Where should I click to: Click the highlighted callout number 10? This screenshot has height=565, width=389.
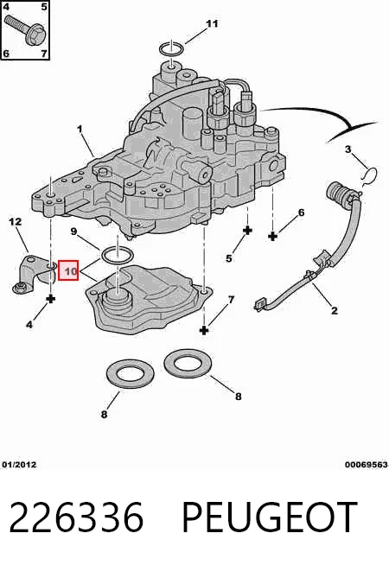click(68, 270)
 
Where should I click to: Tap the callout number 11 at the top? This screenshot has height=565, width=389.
click(212, 24)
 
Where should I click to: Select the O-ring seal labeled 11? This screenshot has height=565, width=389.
click(172, 48)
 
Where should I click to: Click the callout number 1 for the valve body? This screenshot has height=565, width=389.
click(80, 129)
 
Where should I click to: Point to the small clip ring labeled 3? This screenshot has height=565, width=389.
click(369, 175)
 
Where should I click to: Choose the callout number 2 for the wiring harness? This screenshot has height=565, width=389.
click(335, 310)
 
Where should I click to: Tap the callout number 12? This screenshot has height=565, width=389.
click(16, 222)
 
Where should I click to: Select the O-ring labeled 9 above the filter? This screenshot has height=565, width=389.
click(118, 255)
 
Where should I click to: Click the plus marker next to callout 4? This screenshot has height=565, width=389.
click(51, 299)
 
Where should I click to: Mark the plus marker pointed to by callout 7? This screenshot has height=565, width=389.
click(204, 330)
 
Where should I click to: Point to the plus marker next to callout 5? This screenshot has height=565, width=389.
click(247, 231)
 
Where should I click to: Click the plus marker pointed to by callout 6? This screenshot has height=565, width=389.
click(273, 237)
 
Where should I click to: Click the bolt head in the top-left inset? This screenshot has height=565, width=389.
click(36, 35)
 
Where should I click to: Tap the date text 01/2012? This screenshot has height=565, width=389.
click(20, 465)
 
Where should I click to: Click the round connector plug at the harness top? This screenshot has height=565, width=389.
click(339, 193)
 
